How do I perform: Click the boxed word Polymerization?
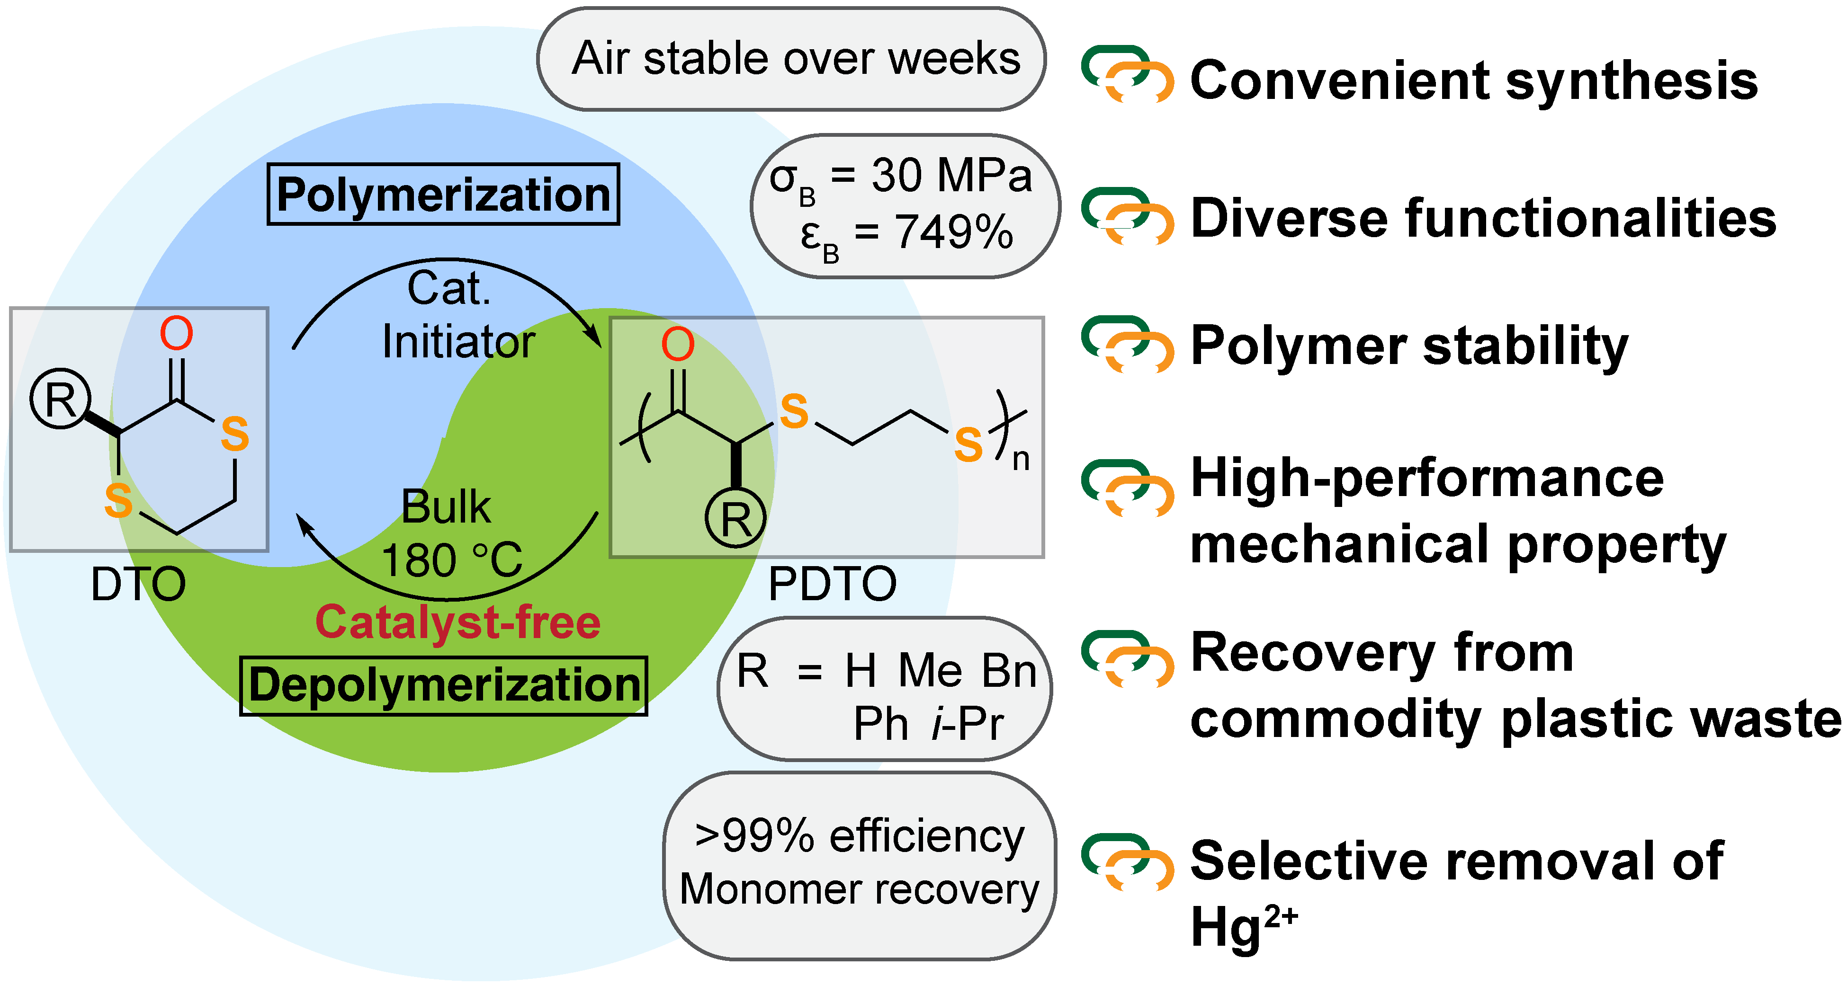(x=443, y=195)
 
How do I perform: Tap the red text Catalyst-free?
(x=457, y=622)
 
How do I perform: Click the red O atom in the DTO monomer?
(x=176, y=334)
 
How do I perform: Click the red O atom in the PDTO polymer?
(x=678, y=345)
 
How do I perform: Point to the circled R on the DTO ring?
(x=60, y=399)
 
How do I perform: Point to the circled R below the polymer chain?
(x=735, y=518)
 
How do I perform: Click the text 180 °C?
(x=452, y=560)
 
